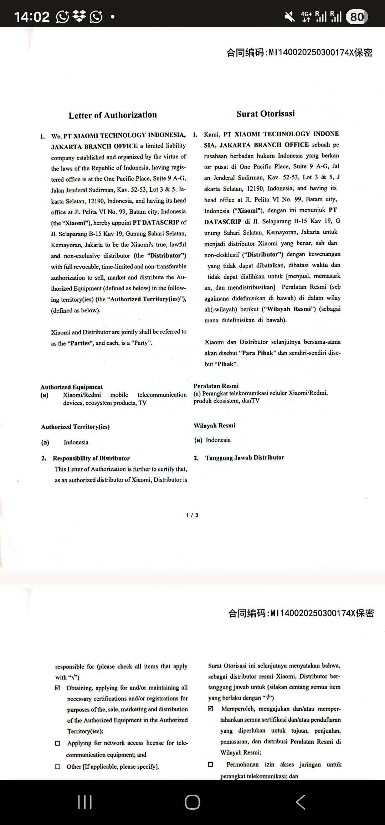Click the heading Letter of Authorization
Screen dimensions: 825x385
[x=113, y=115]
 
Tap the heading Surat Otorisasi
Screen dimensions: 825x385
[x=266, y=114]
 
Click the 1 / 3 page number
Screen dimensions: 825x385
[x=192, y=515]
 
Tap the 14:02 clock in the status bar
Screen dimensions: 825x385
[x=32, y=17]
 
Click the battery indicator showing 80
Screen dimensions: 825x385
[x=357, y=17]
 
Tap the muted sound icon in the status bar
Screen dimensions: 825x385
[x=289, y=16]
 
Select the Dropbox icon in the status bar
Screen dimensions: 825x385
[x=79, y=16]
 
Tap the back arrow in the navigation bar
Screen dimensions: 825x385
[x=301, y=802]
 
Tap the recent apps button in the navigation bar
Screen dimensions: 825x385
[x=85, y=802]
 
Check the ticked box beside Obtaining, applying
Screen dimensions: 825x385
[x=58, y=688]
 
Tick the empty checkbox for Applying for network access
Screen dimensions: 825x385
[x=58, y=743]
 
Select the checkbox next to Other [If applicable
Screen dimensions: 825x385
[x=58, y=767]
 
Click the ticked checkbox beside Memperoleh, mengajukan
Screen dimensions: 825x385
[x=211, y=709]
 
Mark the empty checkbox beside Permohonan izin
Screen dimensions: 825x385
[x=211, y=764]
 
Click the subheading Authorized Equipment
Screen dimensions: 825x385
[x=72, y=387]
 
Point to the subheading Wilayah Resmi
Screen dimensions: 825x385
[x=214, y=426]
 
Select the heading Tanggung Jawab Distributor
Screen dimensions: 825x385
[x=245, y=458]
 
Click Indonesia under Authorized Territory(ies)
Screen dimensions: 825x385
[x=76, y=442]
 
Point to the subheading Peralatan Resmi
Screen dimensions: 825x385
[x=216, y=386]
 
